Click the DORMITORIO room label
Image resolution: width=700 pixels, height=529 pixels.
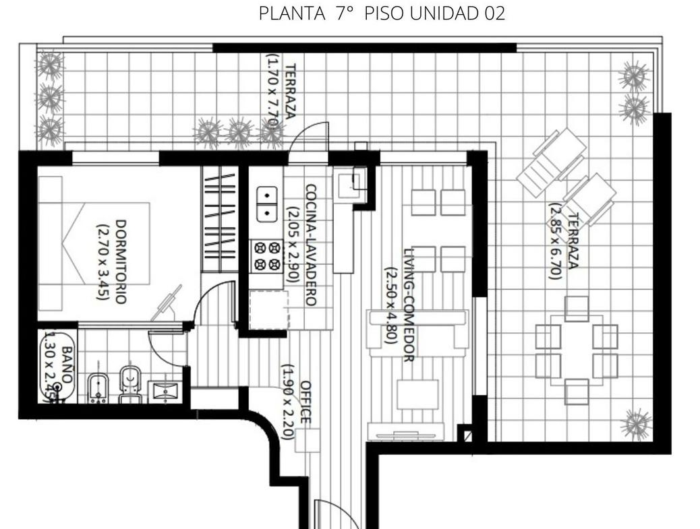(121, 262)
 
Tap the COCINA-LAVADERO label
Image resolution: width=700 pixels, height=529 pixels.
(311, 245)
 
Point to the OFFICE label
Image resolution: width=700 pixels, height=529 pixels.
(305, 402)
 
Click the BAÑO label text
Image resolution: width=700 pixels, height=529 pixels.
(67, 365)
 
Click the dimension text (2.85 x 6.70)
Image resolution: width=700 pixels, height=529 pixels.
(554, 241)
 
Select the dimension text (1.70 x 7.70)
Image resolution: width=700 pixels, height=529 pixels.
(272, 92)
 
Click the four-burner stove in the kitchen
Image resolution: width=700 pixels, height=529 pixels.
(267, 257)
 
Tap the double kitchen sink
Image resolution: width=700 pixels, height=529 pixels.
(267, 204)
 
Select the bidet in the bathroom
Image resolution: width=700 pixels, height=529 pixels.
(98, 388)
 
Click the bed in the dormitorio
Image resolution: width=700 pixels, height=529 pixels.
(94, 243)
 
